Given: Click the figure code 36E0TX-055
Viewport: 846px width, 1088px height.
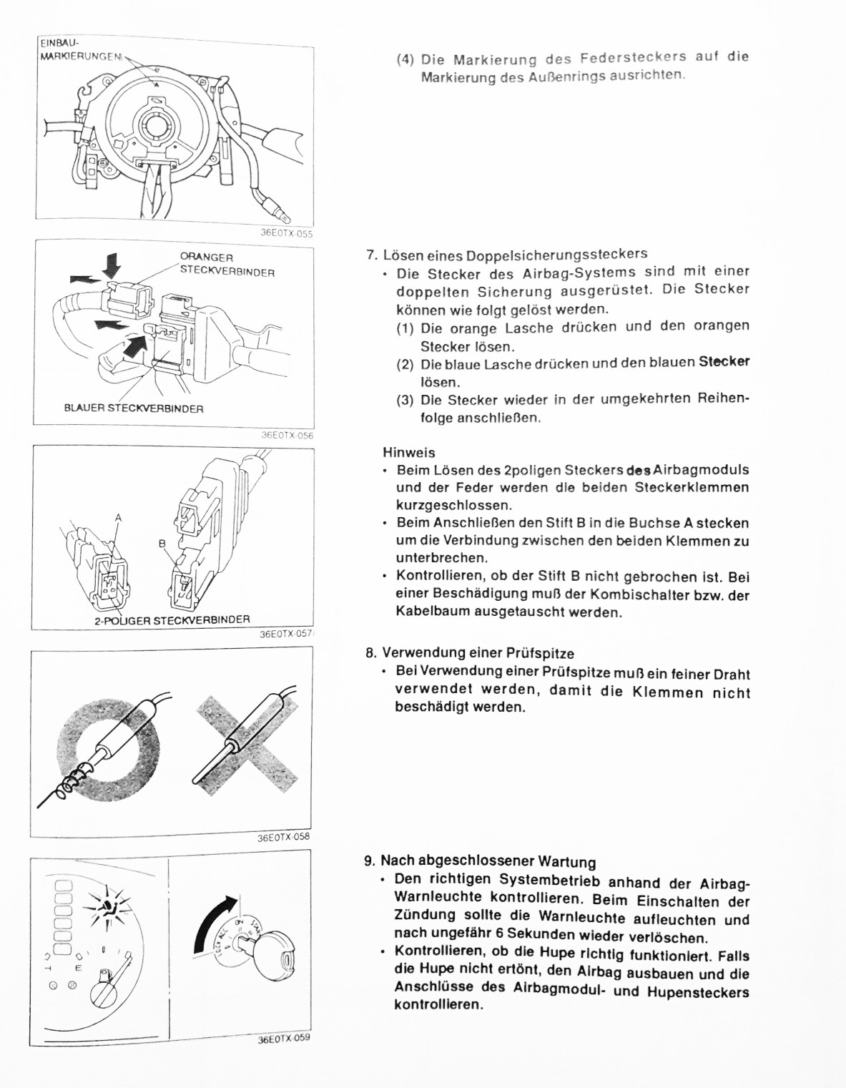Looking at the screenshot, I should pyautogui.click(x=286, y=233).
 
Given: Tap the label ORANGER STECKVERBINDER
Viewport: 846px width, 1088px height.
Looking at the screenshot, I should pyautogui.click(x=227, y=265).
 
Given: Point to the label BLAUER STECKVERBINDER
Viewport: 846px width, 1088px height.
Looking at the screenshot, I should pyautogui.click(x=134, y=408).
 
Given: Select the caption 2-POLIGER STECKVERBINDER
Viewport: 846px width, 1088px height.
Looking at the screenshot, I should pyautogui.click(x=172, y=620).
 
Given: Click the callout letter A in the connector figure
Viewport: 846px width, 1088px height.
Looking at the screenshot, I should pyautogui.click(x=118, y=518).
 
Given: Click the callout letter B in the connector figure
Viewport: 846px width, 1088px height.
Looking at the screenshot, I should pyautogui.click(x=162, y=544).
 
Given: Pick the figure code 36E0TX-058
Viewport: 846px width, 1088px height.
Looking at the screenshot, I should pyautogui.click(x=283, y=837).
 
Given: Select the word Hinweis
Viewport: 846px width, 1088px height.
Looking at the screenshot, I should pyautogui.click(x=408, y=453).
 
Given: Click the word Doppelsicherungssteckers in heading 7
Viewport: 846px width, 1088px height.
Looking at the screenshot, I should pyautogui.click(x=556, y=255).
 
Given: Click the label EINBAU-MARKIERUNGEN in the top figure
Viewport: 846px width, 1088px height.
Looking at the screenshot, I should pyautogui.click(x=79, y=51).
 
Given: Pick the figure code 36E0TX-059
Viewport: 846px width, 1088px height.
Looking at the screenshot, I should pyautogui.click(x=284, y=1039).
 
